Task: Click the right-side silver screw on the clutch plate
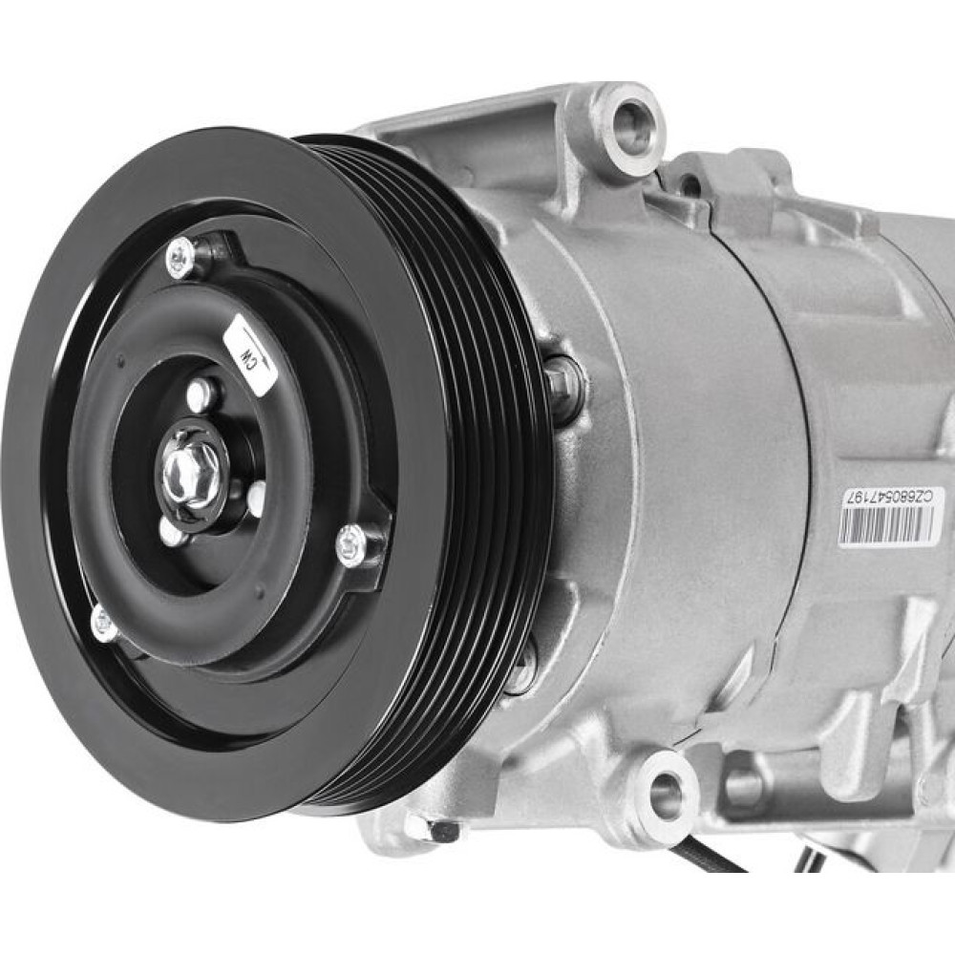click(x=351, y=542)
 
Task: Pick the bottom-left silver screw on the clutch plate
click(x=105, y=623)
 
